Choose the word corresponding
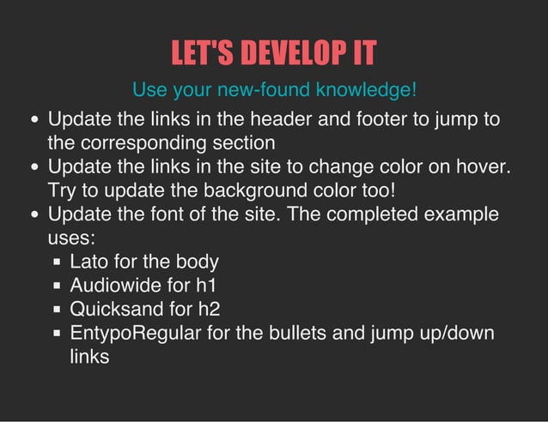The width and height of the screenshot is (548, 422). coord(148,142)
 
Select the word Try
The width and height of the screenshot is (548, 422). coord(64,190)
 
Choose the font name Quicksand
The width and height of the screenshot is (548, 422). coord(114,309)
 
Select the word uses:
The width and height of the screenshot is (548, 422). coord(71,238)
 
